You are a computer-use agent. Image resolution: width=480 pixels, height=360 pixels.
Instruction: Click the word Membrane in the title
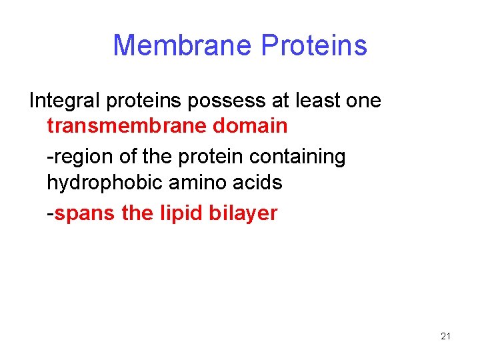[x=183, y=46]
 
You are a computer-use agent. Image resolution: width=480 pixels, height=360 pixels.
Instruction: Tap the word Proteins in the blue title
[x=314, y=46]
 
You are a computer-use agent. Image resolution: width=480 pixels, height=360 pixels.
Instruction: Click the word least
[x=319, y=101]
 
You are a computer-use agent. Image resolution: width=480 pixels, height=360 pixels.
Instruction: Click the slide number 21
[x=445, y=337]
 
